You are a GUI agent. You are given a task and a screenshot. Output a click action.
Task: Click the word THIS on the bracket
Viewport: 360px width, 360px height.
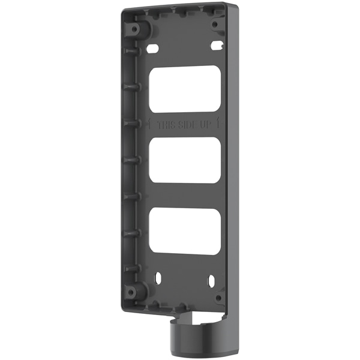167,126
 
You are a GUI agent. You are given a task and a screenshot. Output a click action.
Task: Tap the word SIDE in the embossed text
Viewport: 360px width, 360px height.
188,126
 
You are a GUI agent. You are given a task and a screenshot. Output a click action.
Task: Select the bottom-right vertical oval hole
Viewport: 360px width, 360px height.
212,280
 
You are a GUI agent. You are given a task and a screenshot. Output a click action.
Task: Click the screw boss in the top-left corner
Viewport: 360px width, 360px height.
137,28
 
